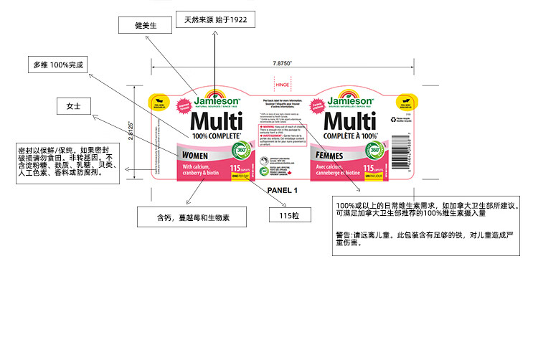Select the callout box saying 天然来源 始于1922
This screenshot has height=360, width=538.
point(215,19)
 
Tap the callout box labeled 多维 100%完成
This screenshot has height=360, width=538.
point(57,65)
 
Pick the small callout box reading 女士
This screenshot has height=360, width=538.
point(73,106)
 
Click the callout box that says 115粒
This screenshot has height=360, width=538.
point(290,215)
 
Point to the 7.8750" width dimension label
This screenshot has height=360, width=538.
point(283,62)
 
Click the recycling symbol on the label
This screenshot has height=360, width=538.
point(392,120)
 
